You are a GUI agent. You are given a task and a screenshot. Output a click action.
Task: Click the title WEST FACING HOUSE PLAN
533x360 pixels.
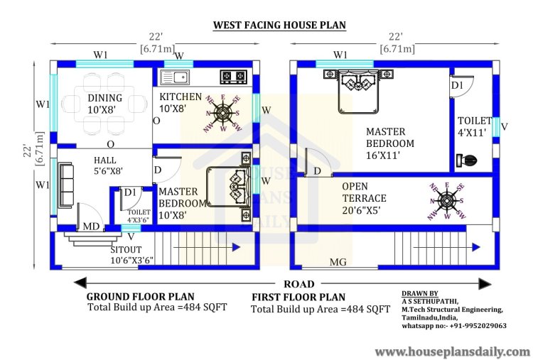(279, 25)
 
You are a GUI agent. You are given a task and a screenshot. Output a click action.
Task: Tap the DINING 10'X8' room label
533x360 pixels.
(104, 103)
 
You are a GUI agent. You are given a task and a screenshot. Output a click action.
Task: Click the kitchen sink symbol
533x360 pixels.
(174, 76)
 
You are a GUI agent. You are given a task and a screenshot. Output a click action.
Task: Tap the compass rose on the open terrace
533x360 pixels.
(446, 200)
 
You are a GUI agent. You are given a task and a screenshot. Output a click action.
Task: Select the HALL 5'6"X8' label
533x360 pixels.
(104, 165)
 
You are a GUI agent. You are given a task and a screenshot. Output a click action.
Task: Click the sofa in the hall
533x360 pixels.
(67, 184)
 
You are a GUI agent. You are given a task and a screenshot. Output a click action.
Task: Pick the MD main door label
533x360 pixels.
(92, 227)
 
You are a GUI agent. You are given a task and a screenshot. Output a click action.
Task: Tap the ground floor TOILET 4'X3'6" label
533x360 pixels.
(139, 215)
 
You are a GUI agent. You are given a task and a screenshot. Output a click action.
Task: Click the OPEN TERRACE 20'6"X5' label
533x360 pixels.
(365, 192)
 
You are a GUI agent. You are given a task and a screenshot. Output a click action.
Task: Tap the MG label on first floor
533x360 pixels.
(338, 262)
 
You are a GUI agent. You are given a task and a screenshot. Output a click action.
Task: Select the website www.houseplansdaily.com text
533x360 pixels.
(452, 351)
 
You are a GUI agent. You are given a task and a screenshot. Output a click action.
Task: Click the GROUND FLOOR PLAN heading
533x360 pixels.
(140, 296)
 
